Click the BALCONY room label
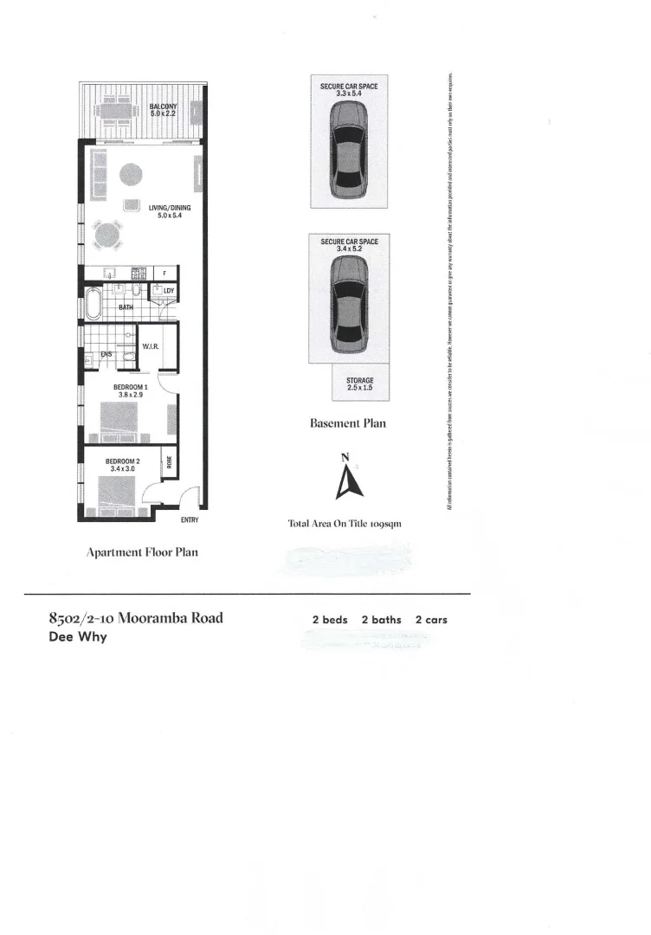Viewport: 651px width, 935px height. (x=163, y=110)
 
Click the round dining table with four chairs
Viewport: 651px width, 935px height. (x=108, y=233)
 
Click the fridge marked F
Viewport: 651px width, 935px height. (x=165, y=274)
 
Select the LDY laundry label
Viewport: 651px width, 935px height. (x=168, y=291)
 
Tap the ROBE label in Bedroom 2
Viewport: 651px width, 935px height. (x=170, y=463)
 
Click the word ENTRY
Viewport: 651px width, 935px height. (x=190, y=519)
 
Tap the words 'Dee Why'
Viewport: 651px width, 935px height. (x=79, y=638)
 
